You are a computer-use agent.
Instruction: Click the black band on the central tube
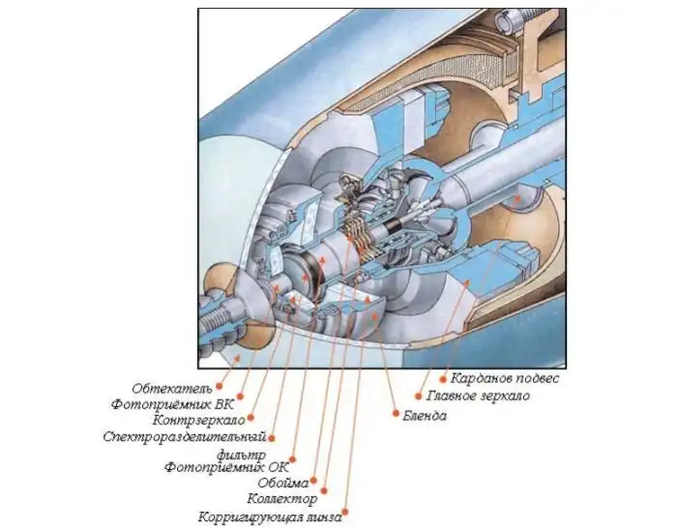point(394,225)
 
